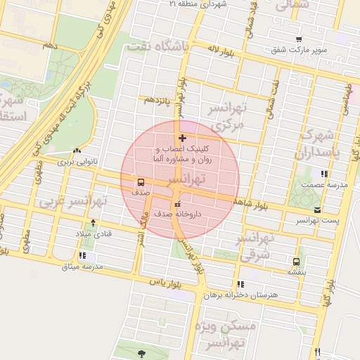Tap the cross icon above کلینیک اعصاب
click(x=183, y=138)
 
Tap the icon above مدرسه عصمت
click(x=323, y=174)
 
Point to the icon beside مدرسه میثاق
click(x=83, y=256)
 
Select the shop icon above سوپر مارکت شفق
click(x=300, y=39)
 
